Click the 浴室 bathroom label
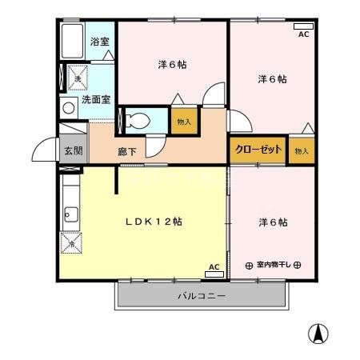tap(98, 41)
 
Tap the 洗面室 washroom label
tap(97, 100)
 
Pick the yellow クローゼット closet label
tap(258, 150)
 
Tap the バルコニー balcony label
tap(200, 297)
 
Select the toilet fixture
tap(138, 122)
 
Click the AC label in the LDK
tap(214, 269)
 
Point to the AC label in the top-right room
tap(304, 33)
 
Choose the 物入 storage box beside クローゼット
tap(301, 150)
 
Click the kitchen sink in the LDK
tap(70, 214)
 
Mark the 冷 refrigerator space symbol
tap(70, 242)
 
